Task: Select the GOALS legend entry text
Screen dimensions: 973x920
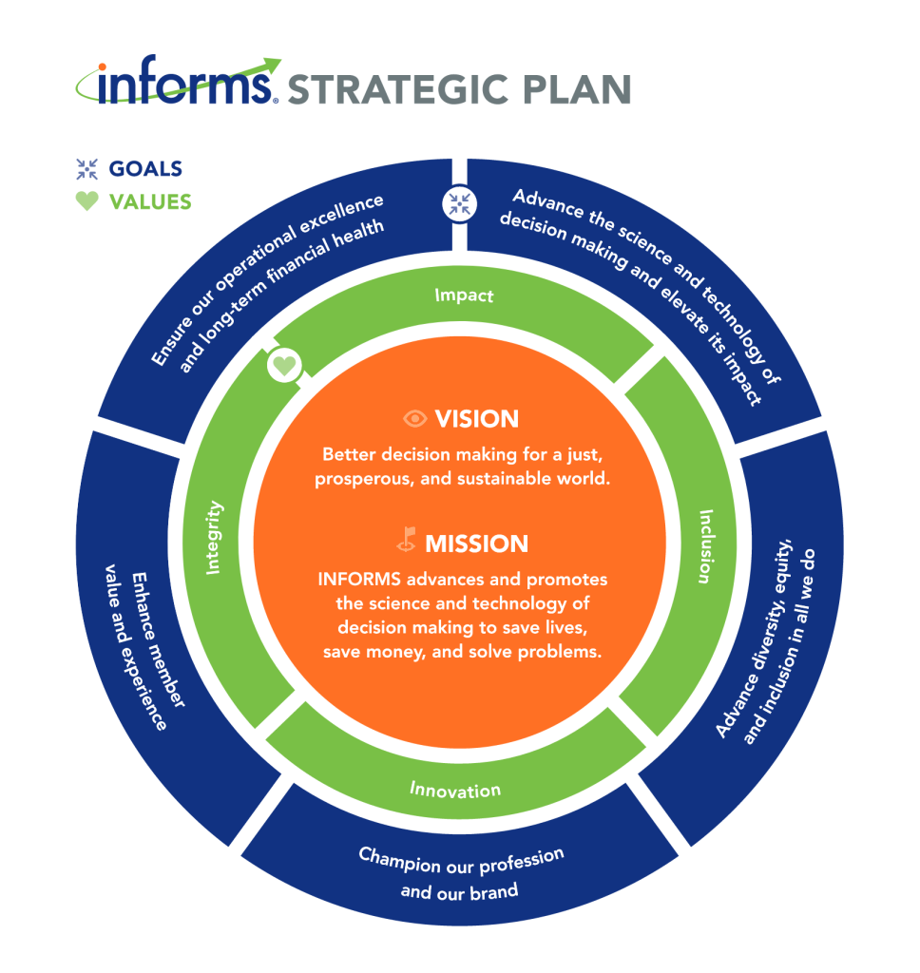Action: [x=145, y=169]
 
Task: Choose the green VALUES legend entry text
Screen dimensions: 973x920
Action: [x=150, y=201]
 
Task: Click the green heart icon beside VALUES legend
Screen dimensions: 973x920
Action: [x=87, y=201]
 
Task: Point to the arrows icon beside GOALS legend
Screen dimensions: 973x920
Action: [x=87, y=169]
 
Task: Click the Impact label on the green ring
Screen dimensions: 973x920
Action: [x=464, y=296]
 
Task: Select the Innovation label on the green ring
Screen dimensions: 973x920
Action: [x=455, y=790]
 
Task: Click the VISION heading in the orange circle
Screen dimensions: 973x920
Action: [x=476, y=419]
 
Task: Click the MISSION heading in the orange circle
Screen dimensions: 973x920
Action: [x=476, y=544]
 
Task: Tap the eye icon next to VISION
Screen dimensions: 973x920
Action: [x=414, y=419]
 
